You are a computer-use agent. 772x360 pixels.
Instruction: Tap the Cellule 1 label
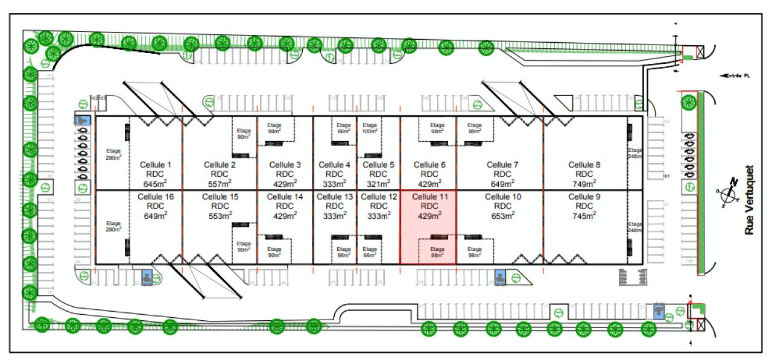(156, 164)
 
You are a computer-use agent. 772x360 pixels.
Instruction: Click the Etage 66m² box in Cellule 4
(344, 128)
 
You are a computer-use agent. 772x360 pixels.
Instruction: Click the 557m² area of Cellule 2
(220, 183)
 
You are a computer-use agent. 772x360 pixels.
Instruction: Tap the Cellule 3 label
(285, 164)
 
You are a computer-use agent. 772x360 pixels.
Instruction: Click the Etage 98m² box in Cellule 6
(437, 128)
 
